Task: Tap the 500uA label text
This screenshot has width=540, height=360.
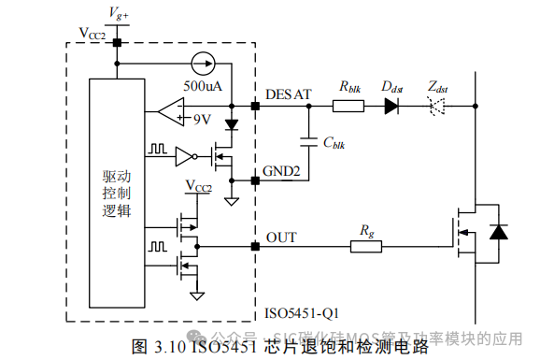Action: [202, 85]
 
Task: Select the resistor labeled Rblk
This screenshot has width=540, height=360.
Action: [348, 107]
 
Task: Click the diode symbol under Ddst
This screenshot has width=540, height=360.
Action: [391, 107]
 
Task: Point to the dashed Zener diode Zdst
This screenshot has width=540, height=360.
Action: [436, 107]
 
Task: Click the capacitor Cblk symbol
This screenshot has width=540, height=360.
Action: [308, 142]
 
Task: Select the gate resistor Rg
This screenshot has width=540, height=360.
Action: [367, 247]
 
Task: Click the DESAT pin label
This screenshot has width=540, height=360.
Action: [288, 94]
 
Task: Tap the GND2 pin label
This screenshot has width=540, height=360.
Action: [284, 171]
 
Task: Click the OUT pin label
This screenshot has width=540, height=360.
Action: [281, 238]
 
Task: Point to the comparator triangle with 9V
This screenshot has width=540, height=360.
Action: [170, 114]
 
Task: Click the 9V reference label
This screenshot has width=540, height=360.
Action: [202, 120]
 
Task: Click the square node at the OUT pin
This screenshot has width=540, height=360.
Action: [255, 247]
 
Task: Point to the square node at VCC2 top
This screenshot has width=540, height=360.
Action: [117, 42]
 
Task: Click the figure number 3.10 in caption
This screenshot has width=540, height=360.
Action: [163, 346]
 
